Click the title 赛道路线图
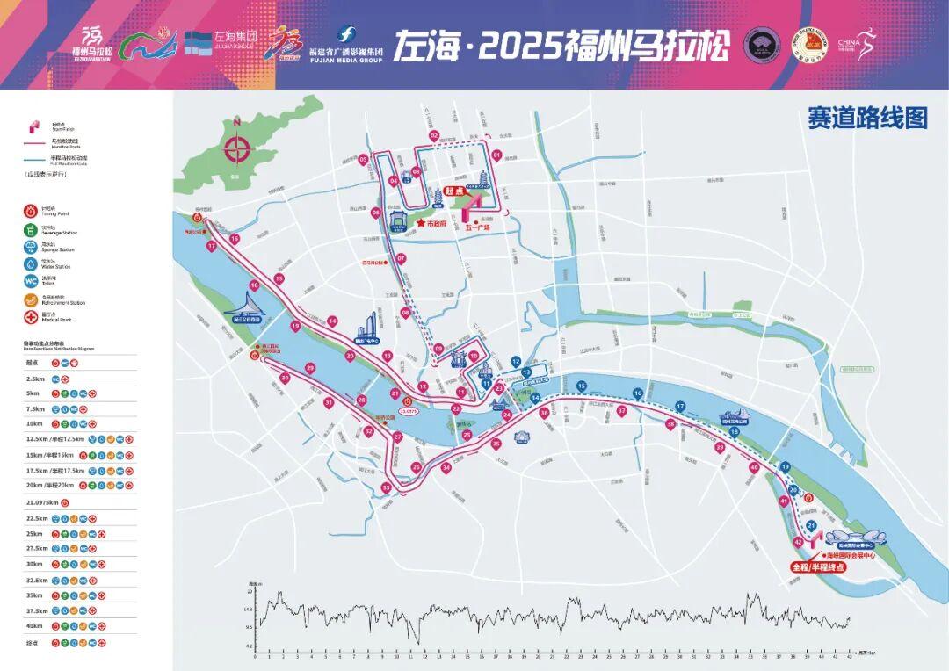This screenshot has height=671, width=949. [867, 119]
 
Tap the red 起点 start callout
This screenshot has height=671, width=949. [453, 191]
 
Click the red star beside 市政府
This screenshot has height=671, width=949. [421, 223]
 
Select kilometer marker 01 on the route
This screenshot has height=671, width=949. [496, 155]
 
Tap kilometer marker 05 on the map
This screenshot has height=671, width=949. [363, 160]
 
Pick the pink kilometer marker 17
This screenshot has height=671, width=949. [212, 247]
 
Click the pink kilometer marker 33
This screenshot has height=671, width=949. [386, 488]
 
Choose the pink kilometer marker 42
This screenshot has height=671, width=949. [797, 542]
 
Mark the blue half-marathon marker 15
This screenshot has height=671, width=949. [581, 386]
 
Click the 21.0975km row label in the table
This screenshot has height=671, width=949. [42, 502]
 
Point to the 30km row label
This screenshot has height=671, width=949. [35, 564]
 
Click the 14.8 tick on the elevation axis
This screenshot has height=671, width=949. [249, 610]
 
